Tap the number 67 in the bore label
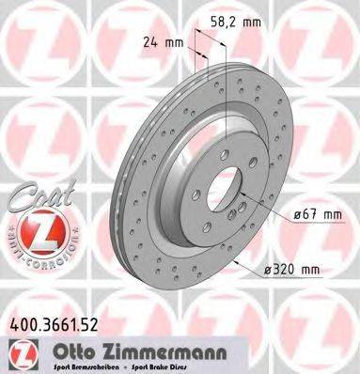(306, 214)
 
